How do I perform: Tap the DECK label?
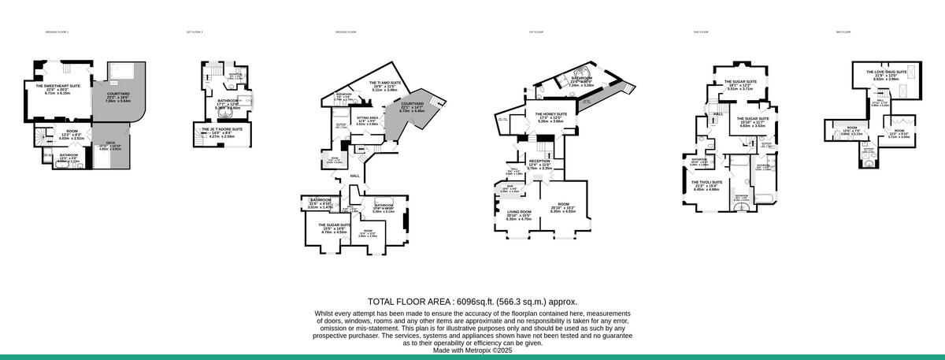[110, 143]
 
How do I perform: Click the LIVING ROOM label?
[519, 212]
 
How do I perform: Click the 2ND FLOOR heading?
[701, 32]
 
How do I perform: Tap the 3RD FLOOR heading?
[843, 32]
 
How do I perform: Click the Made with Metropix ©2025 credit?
[472, 351]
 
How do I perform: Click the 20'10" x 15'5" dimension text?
[519, 216]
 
